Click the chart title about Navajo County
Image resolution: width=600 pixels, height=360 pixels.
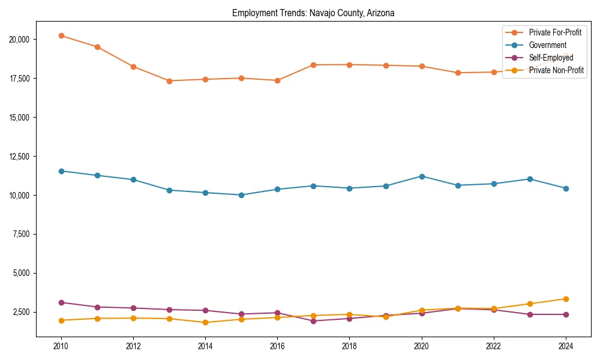[313, 13]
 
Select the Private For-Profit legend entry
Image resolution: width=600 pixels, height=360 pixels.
[555, 32]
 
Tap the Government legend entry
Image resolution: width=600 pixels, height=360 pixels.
[547, 45]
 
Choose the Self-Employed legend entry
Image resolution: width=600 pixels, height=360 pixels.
[551, 58]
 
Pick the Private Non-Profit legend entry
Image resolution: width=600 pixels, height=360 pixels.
[556, 70]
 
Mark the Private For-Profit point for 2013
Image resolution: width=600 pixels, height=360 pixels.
[169, 81]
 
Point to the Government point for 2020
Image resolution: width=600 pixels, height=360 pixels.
[422, 176]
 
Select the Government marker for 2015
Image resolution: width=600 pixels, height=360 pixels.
[241, 195]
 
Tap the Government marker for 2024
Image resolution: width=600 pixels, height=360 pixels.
[566, 188]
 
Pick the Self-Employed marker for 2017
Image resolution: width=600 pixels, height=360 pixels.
[313, 321]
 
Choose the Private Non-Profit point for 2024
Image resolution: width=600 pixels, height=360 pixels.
[566, 299]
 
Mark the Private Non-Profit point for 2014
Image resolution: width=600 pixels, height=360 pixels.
[205, 322]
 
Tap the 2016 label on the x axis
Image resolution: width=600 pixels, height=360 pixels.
[277, 346]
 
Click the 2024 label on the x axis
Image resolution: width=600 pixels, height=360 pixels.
[566, 346]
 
